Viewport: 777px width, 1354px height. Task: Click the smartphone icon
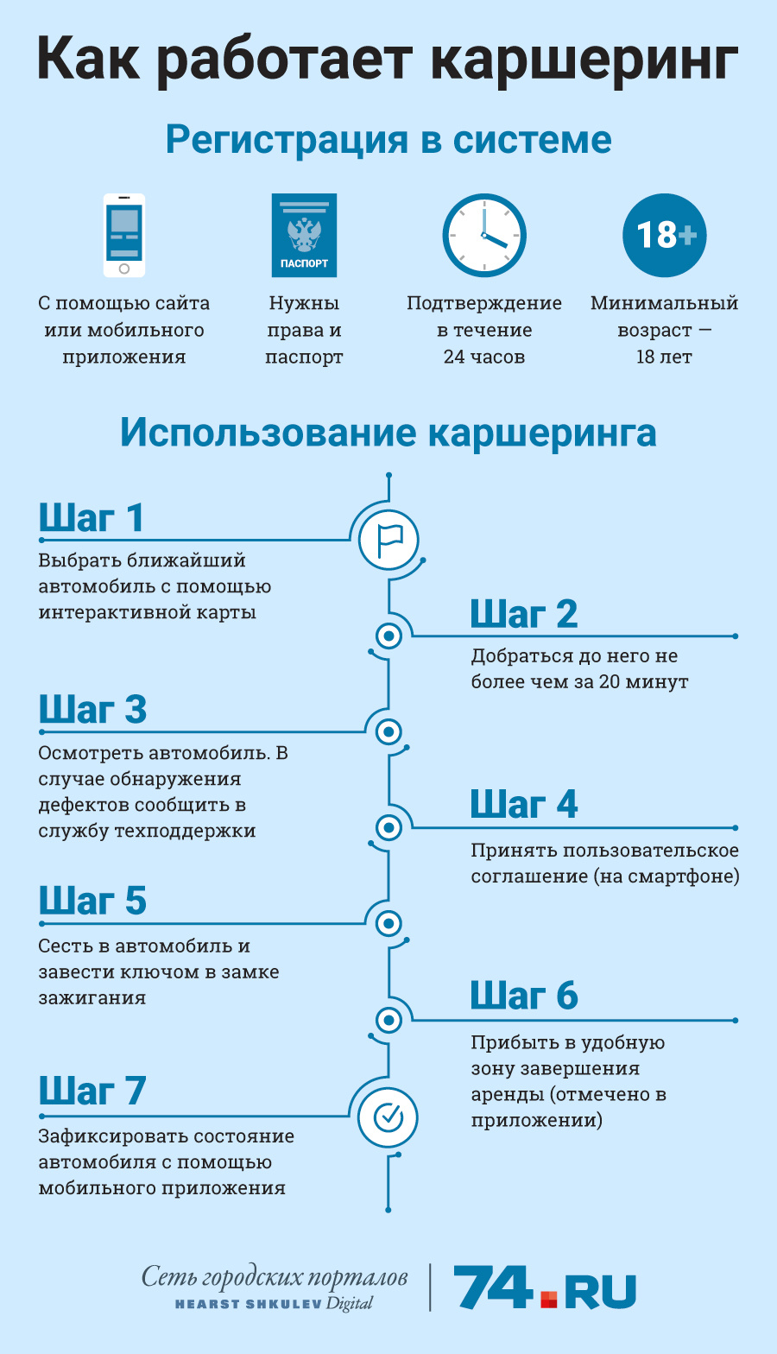click(x=123, y=235)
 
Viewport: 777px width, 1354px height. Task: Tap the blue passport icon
click(x=304, y=235)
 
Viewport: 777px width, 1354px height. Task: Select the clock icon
click(x=484, y=235)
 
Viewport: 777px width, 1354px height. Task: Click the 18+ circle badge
click(x=664, y=235)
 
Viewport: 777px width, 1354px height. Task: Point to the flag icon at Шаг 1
click(x=388, y=540)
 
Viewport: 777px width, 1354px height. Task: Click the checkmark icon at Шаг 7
click(x=388, y=1117)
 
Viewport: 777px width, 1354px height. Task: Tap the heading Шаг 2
click(x=524, y=614)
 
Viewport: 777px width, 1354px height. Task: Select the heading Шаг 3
click(x=92, y=710)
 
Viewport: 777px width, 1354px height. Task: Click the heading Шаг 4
click(x=524, y=805)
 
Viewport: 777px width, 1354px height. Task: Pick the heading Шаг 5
click(x=92, y=901)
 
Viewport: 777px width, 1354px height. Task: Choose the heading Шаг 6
click(x=524, y=997)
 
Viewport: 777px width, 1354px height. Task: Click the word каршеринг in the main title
click(x=584, y=61)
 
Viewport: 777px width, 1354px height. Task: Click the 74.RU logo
click(x=545, y=1288)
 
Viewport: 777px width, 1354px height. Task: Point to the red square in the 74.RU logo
click(x=548, y=1300)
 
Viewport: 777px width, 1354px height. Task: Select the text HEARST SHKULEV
click(x=249, y=1305)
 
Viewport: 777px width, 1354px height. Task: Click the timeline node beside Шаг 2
click(x=388, y=636)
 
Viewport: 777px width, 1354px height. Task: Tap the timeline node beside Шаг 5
click(x=388, y=924)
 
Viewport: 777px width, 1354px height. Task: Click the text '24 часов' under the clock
click(x=484, y=357)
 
